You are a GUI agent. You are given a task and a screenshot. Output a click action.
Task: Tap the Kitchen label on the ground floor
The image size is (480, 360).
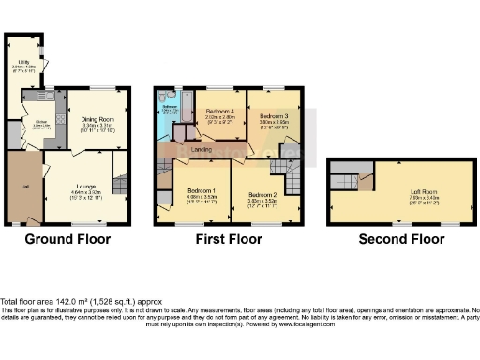pyautogui.click(x=42, y=121)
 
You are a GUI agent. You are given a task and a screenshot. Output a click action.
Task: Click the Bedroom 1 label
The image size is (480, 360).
pyautogui.click(x=202, y=191)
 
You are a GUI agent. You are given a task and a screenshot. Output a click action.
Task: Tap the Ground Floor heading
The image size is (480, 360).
pyautogui.click(x=67, y=239)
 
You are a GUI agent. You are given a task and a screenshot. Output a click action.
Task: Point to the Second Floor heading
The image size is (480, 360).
pyautogui.click(x=402, y=239)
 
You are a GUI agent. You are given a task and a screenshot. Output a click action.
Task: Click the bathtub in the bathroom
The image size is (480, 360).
pyautogui.click(x=180, y=108)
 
